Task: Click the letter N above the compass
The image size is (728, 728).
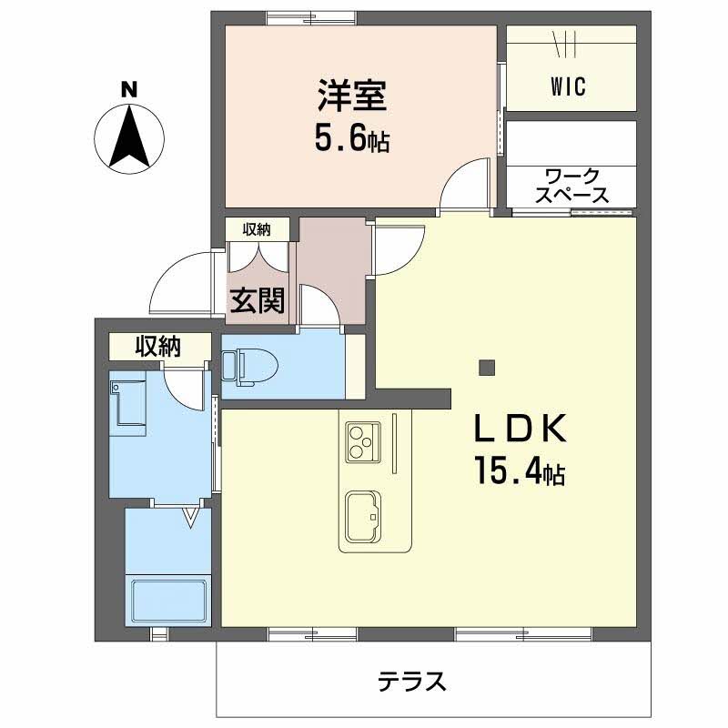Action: pyautogui.click(x=129, y=89)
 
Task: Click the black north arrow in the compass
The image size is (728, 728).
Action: pyautogui.click(x=129, y=136)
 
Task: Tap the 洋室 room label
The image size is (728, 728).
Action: pyautogui.click(x=352, y=96)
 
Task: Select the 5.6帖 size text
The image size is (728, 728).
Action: pyautogui.click(x=352, y=138)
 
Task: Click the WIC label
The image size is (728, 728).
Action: pyautogui.click(x=568, y=87)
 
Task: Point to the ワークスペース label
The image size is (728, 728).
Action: pyautogui.click(x=571, y=185)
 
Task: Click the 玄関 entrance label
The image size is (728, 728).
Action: pyautogui.click(x=256, y=300)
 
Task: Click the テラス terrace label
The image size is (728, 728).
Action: pyautogui.click(x=411, y=681)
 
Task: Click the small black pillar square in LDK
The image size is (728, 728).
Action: pyautogui.click(x=487, y=369)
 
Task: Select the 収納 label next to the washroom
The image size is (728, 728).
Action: pyautogui.click(x=157, y=347)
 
